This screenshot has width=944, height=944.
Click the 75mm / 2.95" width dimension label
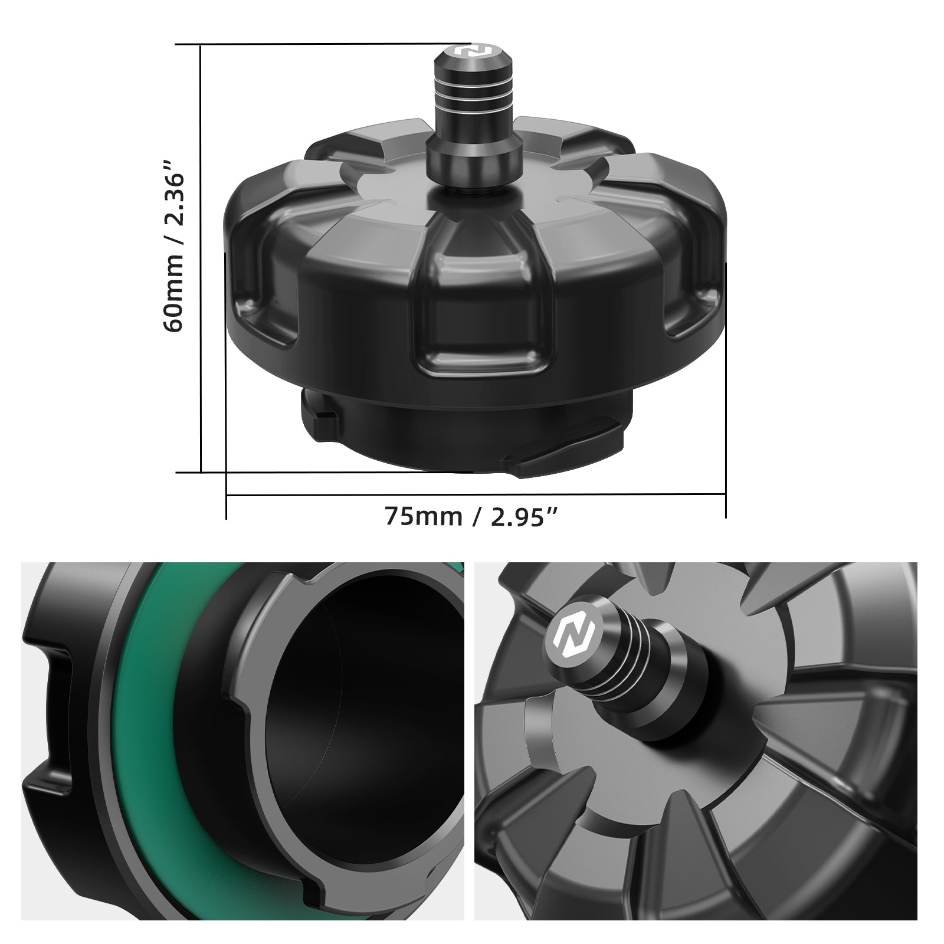471,516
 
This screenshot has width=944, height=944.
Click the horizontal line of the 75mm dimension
472,496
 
